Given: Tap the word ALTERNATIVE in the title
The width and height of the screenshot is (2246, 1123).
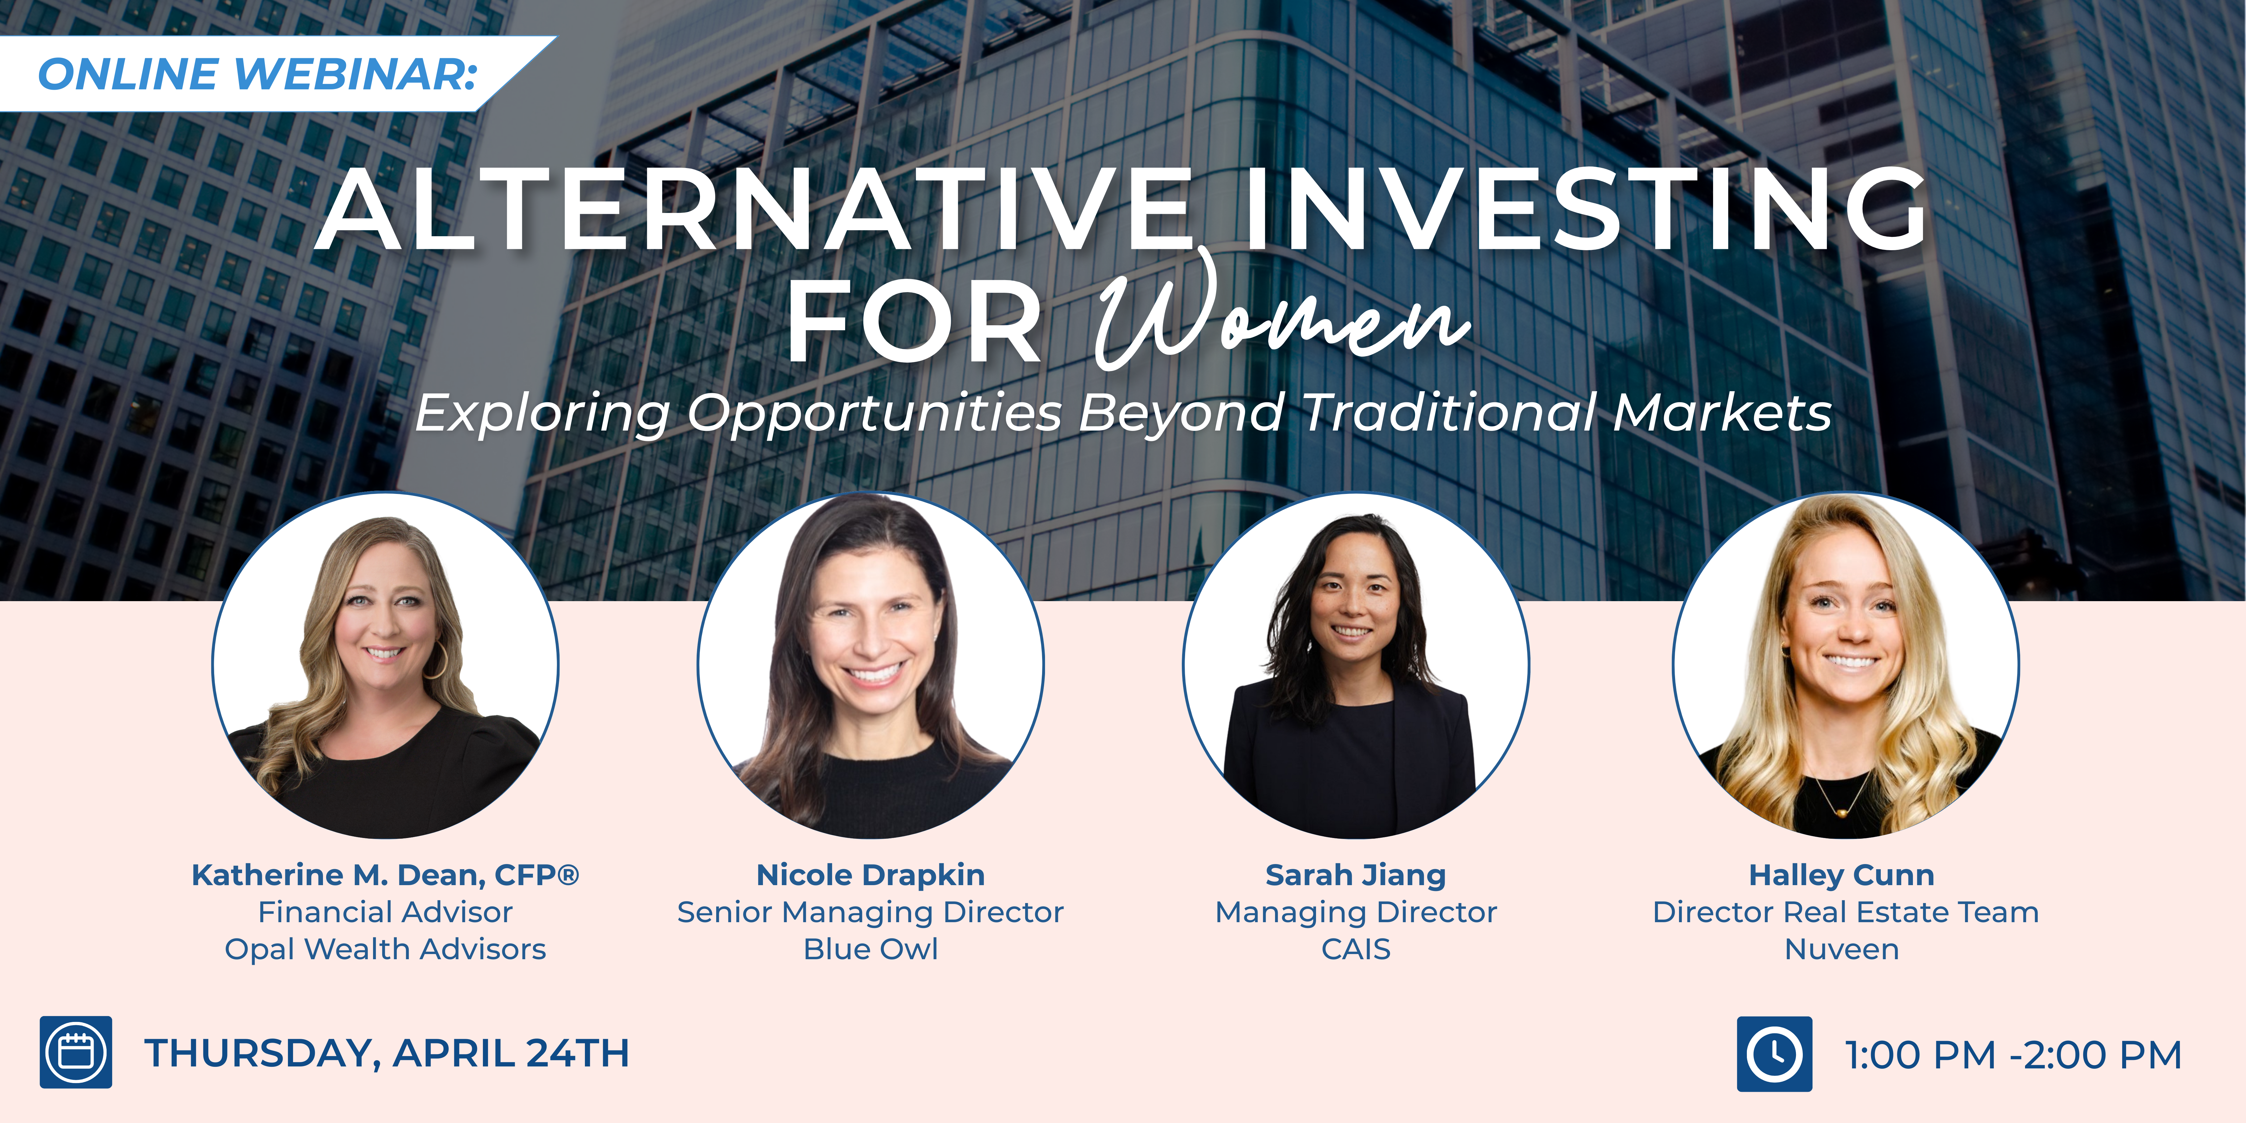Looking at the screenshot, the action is (754, 209).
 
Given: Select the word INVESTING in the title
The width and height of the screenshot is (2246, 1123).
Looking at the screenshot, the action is (1585, 209).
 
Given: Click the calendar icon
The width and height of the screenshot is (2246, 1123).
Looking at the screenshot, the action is (76, 1052).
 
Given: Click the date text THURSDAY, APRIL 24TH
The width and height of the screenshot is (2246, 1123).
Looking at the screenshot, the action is (386, 1053).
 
